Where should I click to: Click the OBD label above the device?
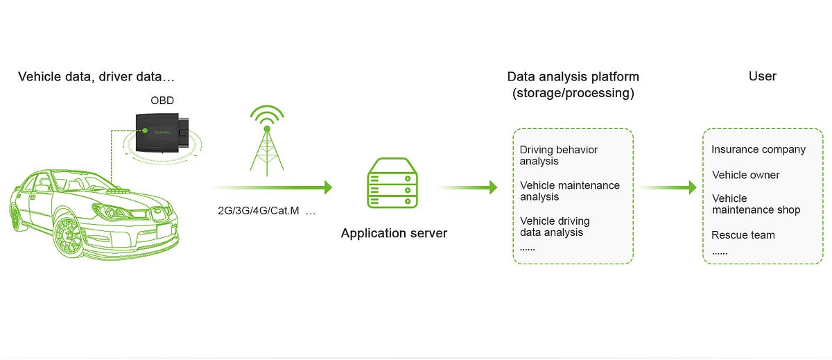(x=162, y=101)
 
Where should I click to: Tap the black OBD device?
(x=162, y=132)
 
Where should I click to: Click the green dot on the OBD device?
(x=145, y=130)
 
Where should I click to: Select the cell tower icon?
(x=267, y=140)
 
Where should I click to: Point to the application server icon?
(x=392, y=183)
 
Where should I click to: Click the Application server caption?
(x=394, y=233)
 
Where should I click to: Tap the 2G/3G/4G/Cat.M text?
(x=259, y=211)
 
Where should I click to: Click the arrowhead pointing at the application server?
(x=328, y=187)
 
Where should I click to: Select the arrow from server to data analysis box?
(x=468, y=187)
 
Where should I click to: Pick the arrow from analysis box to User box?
(x=668, y=187)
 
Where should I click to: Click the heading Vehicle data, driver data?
(x=96, y=76)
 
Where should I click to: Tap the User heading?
(x=762, y=76)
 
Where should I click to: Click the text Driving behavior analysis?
(x=559, y=155)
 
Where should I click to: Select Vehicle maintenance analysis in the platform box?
(x=570, y=191)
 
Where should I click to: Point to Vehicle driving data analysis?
(x=555, y=227)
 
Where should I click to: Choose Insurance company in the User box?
(x=759, y=149)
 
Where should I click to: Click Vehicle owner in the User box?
(x=746, y=175)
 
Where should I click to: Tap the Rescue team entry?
(x=743, y=235)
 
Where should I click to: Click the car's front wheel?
(x=69, y=236)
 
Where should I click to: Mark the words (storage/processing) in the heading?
(x=573, y=93)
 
